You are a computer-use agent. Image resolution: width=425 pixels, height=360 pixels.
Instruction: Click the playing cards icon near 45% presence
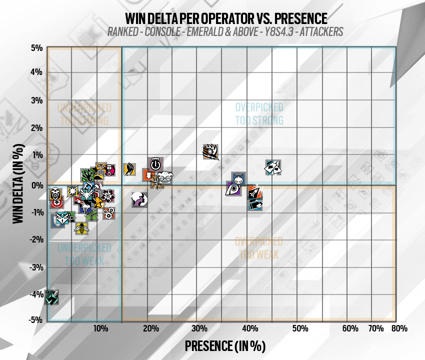click(x=273, y=167)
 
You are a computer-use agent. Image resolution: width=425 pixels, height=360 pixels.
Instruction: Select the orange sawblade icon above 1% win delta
click(x=210, y=151)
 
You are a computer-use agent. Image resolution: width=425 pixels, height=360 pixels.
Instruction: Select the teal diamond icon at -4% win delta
click(x=52, y=297)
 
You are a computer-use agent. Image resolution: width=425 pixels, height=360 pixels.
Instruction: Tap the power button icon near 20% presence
click(x=155, y=163)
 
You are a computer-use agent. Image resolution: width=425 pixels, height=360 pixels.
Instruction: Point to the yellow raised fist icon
click(x=129, y=169)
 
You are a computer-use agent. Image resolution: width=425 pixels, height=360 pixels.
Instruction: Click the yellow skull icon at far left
click(x=56, y=193)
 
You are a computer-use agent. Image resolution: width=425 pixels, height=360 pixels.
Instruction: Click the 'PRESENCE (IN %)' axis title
click(x=224, y=345)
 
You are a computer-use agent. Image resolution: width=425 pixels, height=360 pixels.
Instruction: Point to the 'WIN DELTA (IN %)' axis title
click(x=18, y=184)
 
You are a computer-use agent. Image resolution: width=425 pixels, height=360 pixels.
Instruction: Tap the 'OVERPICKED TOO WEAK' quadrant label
click(x=258, y=248)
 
